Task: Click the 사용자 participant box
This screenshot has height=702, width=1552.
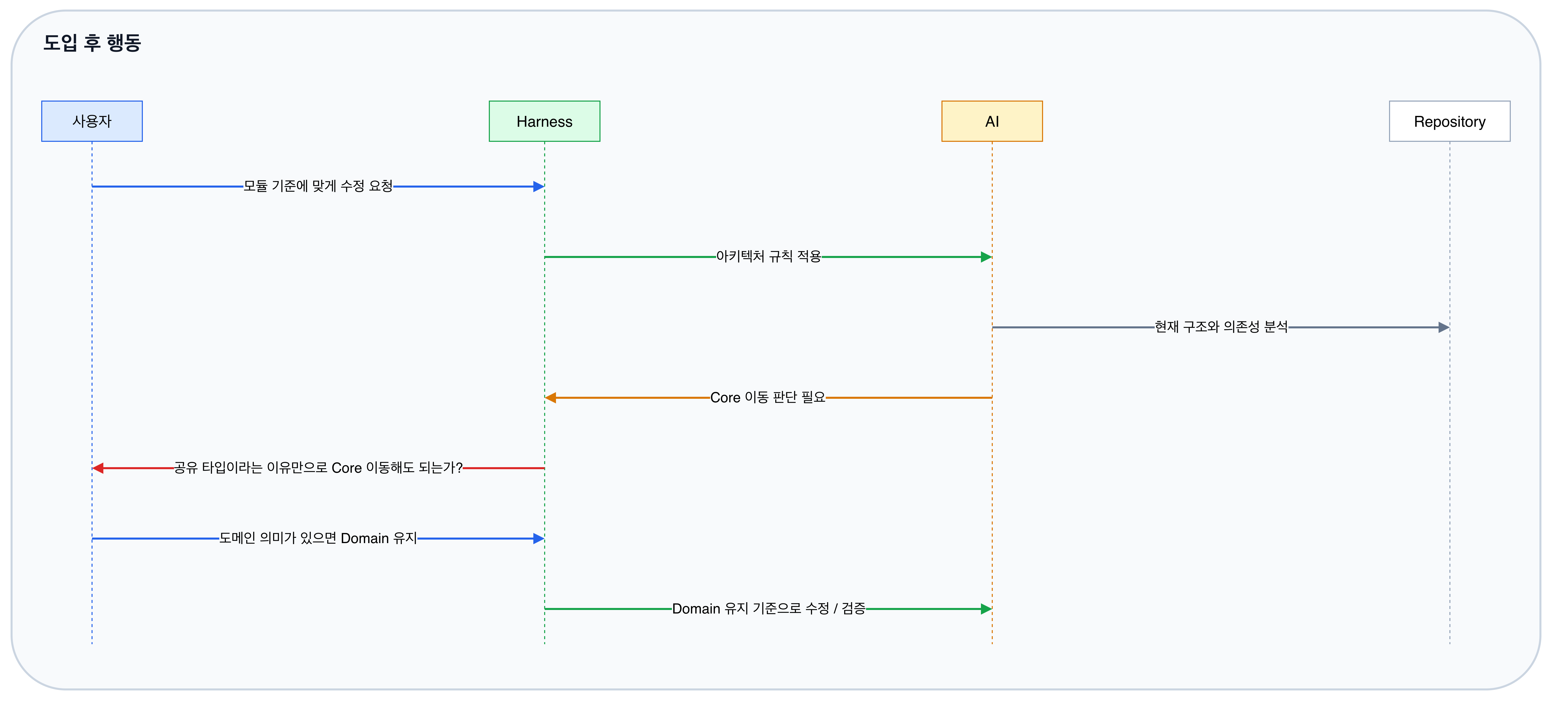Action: pyautogui.click(x=92, y=121)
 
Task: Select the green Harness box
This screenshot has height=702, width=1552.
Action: pyautogui.click(x=544, y=121)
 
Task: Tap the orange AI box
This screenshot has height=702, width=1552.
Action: pyautogui.click(x=992, y=121)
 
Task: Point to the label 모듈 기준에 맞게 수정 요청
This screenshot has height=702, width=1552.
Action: pyautogui.click(x=318, y=186)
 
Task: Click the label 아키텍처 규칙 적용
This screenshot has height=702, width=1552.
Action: pyautogui.click(x=768, y=257)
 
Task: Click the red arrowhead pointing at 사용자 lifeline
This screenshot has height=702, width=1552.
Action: pyautogui.click(x=98, y=468)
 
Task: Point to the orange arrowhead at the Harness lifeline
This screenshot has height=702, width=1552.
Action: pyautogui.click(x=550, y=398)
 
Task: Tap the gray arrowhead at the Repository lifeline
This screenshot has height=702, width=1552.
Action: pyautogui.click(x=1444, y=327)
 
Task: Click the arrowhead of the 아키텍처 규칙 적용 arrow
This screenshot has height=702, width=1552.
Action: pyautogui.click(x=986, y=257)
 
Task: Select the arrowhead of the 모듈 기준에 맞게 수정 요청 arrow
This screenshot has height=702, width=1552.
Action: pyautogui.click(x=539, y=186)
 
